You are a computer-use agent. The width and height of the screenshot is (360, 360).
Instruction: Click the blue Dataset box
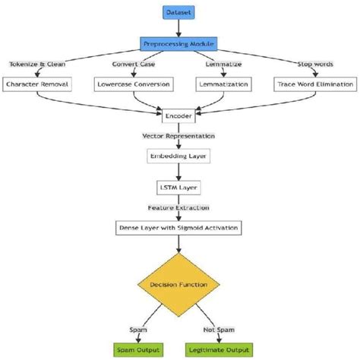point(179,13)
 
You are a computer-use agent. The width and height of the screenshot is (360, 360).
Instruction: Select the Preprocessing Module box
point(179,45)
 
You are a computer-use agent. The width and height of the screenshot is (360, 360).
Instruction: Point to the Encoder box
point(179,117)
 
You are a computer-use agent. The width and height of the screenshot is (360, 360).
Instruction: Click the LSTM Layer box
point(179,188)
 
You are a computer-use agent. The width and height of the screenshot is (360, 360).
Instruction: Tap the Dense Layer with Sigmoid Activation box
point(179,226)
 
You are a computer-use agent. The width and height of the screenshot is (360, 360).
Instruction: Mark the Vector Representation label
point(179,135)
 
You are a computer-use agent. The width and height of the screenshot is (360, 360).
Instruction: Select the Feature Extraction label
point(179,207)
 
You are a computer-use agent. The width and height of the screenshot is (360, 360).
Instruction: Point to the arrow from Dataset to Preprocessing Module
point(179,29)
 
